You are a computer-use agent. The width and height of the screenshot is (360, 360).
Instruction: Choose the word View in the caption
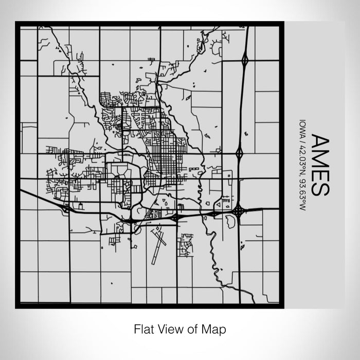click(x=170, y=328)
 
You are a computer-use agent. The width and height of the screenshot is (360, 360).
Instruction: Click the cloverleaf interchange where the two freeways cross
click(x=239, y=210)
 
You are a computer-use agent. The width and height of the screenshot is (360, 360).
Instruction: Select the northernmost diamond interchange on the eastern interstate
click(x=245, y=60)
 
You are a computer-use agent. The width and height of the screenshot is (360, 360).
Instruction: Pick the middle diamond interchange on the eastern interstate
click(x=240, y=153)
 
